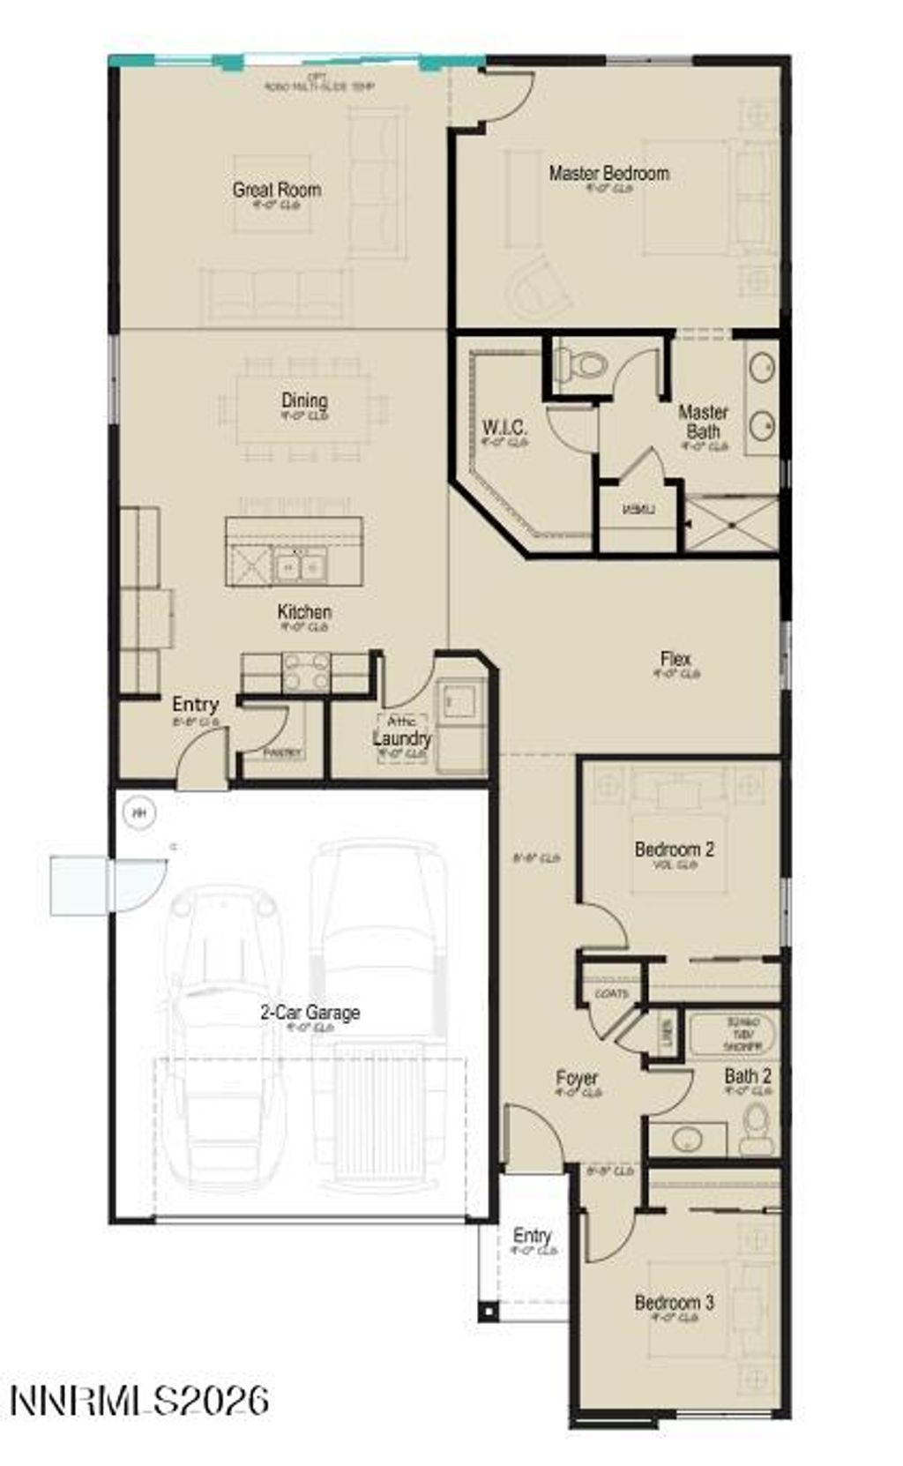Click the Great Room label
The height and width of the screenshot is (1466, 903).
(276, 190)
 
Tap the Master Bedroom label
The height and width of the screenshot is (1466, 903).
(608, 173)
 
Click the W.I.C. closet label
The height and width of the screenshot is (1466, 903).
(505, 429)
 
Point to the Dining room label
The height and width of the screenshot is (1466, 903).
(304, 401)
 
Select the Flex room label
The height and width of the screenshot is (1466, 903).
(675, 659)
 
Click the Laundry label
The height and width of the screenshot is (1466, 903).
(402, 738)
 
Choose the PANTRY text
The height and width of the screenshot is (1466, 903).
(283, 753)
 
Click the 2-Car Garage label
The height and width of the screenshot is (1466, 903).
(310, 1013)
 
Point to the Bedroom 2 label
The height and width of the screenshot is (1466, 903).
(675, 849)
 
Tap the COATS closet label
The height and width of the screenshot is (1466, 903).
(611, 994)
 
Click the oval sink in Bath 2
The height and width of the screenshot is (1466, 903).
(688, 1139)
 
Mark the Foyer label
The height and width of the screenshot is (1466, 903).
(577, 1078)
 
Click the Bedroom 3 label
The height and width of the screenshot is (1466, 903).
(675, 1302)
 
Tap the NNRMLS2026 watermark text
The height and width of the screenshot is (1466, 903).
(139, 1400)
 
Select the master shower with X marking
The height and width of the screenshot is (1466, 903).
(731, 525)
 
